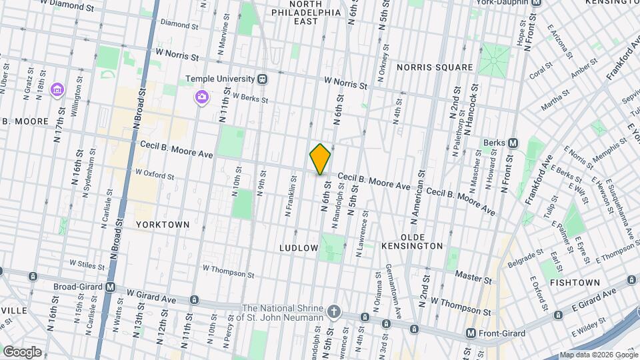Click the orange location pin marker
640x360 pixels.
click(320, 159)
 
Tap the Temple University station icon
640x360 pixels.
click(263, 79)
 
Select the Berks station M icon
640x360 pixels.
click(513, 143)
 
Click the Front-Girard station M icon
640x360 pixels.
click(471, 333)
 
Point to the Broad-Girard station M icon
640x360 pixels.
click(110, 287)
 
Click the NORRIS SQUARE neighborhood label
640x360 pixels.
click(434, 67)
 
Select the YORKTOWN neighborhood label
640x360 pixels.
click(163, 225)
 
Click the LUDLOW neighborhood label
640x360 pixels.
click(299, 248)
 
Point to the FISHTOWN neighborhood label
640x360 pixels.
click(575, 283)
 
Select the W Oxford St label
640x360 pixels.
click(155, 175)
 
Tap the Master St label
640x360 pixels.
click(473, 275)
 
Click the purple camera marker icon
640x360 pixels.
click(201, 98)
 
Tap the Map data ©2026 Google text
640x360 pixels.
click(598, 355)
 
